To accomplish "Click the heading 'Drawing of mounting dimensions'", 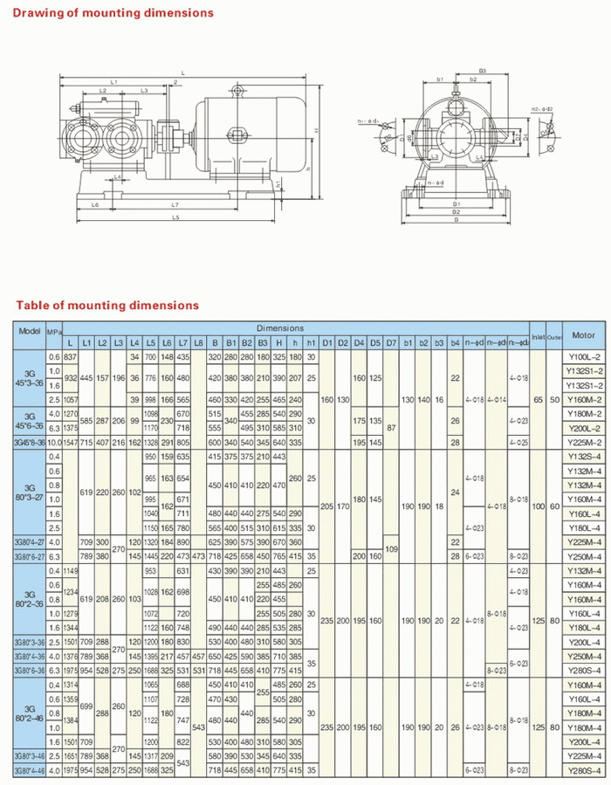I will [x=113, y=13].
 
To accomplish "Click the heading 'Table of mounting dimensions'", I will [x=106, y=306].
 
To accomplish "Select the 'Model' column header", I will [x=30, y=333].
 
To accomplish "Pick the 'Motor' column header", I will [x=583, y=334].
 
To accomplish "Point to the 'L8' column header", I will [x=199, y=342].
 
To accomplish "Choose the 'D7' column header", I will [x=391, y=342].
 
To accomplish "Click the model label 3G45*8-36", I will [x=30, y=442].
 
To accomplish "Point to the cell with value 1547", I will [x=71, y=442].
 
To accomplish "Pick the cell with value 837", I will [x=71, y=356].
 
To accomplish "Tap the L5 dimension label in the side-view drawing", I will [x=175, y=217].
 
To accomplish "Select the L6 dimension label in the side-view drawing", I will [x=93, y=204].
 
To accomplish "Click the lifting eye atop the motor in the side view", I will [x=237, y=92].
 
